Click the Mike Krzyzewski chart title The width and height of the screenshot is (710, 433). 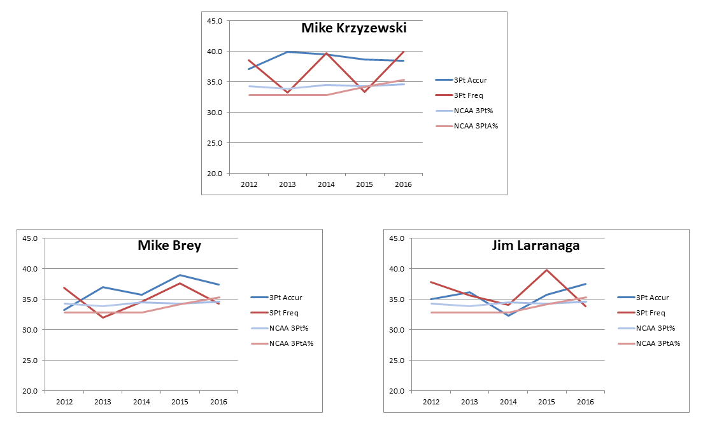[353, 29]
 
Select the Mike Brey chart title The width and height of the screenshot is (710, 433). [169, 245]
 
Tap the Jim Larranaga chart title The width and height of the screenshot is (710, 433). [536, 245]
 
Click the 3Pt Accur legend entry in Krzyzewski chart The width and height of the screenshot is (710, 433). [471, 80]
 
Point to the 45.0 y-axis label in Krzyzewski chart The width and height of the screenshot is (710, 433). [214, 21]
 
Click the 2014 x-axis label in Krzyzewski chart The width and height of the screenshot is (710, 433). [325, 184]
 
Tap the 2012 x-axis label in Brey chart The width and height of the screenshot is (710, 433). [64, 402]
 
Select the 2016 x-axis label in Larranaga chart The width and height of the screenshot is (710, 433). [585, 402]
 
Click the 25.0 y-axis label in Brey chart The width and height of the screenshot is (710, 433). [30, 361]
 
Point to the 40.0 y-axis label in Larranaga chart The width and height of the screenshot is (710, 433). [397, 269]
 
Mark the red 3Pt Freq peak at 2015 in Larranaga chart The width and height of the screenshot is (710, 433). [546, 270]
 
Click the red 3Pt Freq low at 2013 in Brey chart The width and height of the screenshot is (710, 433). [102, 317]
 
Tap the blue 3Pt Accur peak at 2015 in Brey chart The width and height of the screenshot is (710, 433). [180, 275]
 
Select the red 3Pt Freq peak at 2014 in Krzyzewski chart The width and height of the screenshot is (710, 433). [325, 53]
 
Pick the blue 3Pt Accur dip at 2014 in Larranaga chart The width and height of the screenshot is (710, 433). [508, 315]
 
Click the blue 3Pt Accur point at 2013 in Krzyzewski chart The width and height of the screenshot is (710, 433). [287, 52]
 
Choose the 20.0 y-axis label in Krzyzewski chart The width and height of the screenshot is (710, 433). [214, 174]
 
